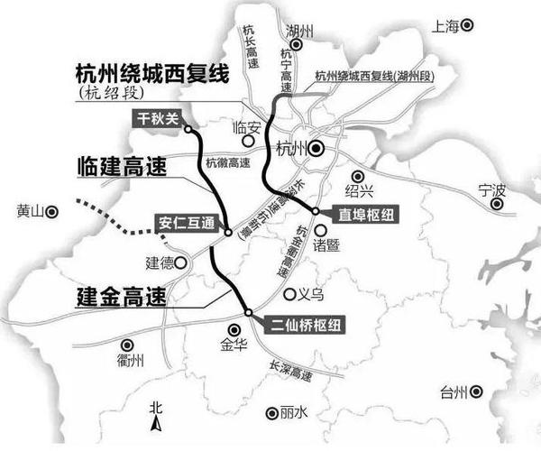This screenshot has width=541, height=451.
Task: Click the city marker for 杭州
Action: pyautogui.click(x=316, y=150)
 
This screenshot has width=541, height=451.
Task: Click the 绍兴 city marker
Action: pyautogui.click(x=358, y=176)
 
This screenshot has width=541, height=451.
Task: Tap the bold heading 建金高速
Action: pyautogui.click(x=118, y=296)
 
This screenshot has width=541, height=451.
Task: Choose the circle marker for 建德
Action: pyautogui.click(x=182, y=263)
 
